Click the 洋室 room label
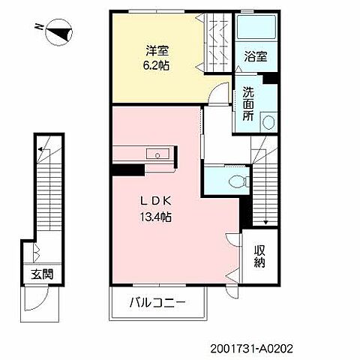[x=157, y=51]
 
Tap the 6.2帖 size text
[x=156, y=65]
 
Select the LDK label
[x=156, y=201]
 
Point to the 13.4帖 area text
[x=156, y=217]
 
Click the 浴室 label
[x=256, y=56]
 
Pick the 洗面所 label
[x=248, y=103]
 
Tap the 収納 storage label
[x=259, y=256]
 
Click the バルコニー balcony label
[x=157, y=303]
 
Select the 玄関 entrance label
[x=42, y=274]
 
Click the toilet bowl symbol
[x=237, y=181]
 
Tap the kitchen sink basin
[x=157, y=154]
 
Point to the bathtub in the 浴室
[x=256, y=28]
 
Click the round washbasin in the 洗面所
[x=269, y=122]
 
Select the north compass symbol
[x=59, y=32]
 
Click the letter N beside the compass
[x=38, y=26]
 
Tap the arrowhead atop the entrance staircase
[x=40, y=149]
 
